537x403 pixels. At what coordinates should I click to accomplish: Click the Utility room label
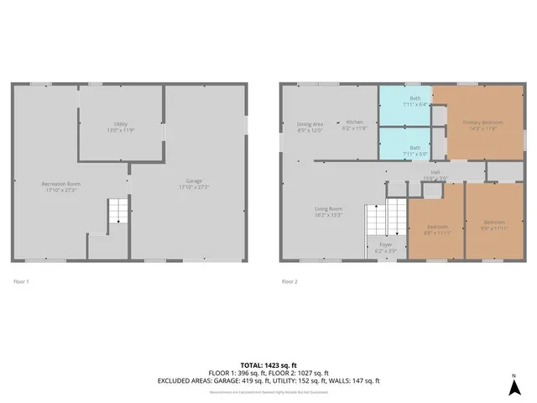click(x=120, y=126)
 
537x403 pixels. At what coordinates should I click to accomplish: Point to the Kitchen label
click(x=353, y=125)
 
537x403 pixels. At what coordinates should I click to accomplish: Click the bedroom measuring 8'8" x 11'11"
click(x=436, y=229)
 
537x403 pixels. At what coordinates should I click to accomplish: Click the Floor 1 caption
click(x=21, y=281)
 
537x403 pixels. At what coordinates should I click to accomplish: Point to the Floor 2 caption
click(x=289, y=281)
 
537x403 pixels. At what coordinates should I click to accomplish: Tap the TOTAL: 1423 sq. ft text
click(x=268, y=365)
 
